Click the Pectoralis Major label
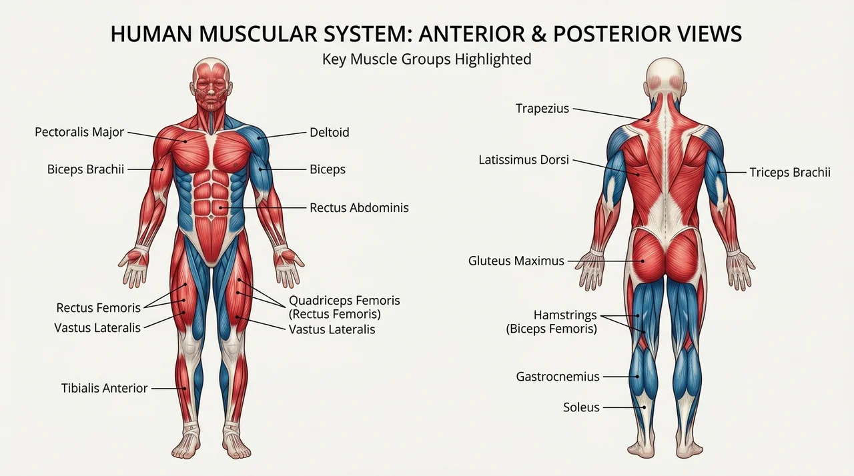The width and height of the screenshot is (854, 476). [x=79, y=132]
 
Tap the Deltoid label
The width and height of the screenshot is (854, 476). [x=330, y=132]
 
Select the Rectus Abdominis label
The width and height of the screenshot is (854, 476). [x=359, y=207]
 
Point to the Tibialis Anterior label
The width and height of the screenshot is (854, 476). [x=105, y=388]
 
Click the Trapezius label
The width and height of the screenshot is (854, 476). [x=542, y=109]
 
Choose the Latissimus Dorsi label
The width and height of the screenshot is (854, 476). [x=524, y=159]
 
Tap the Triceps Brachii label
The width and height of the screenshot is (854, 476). [x=790, y=172]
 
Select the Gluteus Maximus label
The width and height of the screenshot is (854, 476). [x=516, y=261]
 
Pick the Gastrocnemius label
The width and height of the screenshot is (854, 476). [x=558, y=377]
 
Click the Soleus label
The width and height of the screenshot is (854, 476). [x=581, y=407]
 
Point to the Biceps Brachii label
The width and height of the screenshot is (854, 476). [x=86, y=169]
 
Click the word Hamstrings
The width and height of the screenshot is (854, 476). [x=565, y=315]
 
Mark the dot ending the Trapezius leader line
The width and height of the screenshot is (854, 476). [x=648, y=120]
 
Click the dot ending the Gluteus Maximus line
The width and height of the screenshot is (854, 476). [x=643, y=261]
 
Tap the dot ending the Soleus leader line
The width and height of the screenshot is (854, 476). [x=644, y=407]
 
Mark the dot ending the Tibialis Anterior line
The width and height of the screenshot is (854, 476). [x=185, y=389]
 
